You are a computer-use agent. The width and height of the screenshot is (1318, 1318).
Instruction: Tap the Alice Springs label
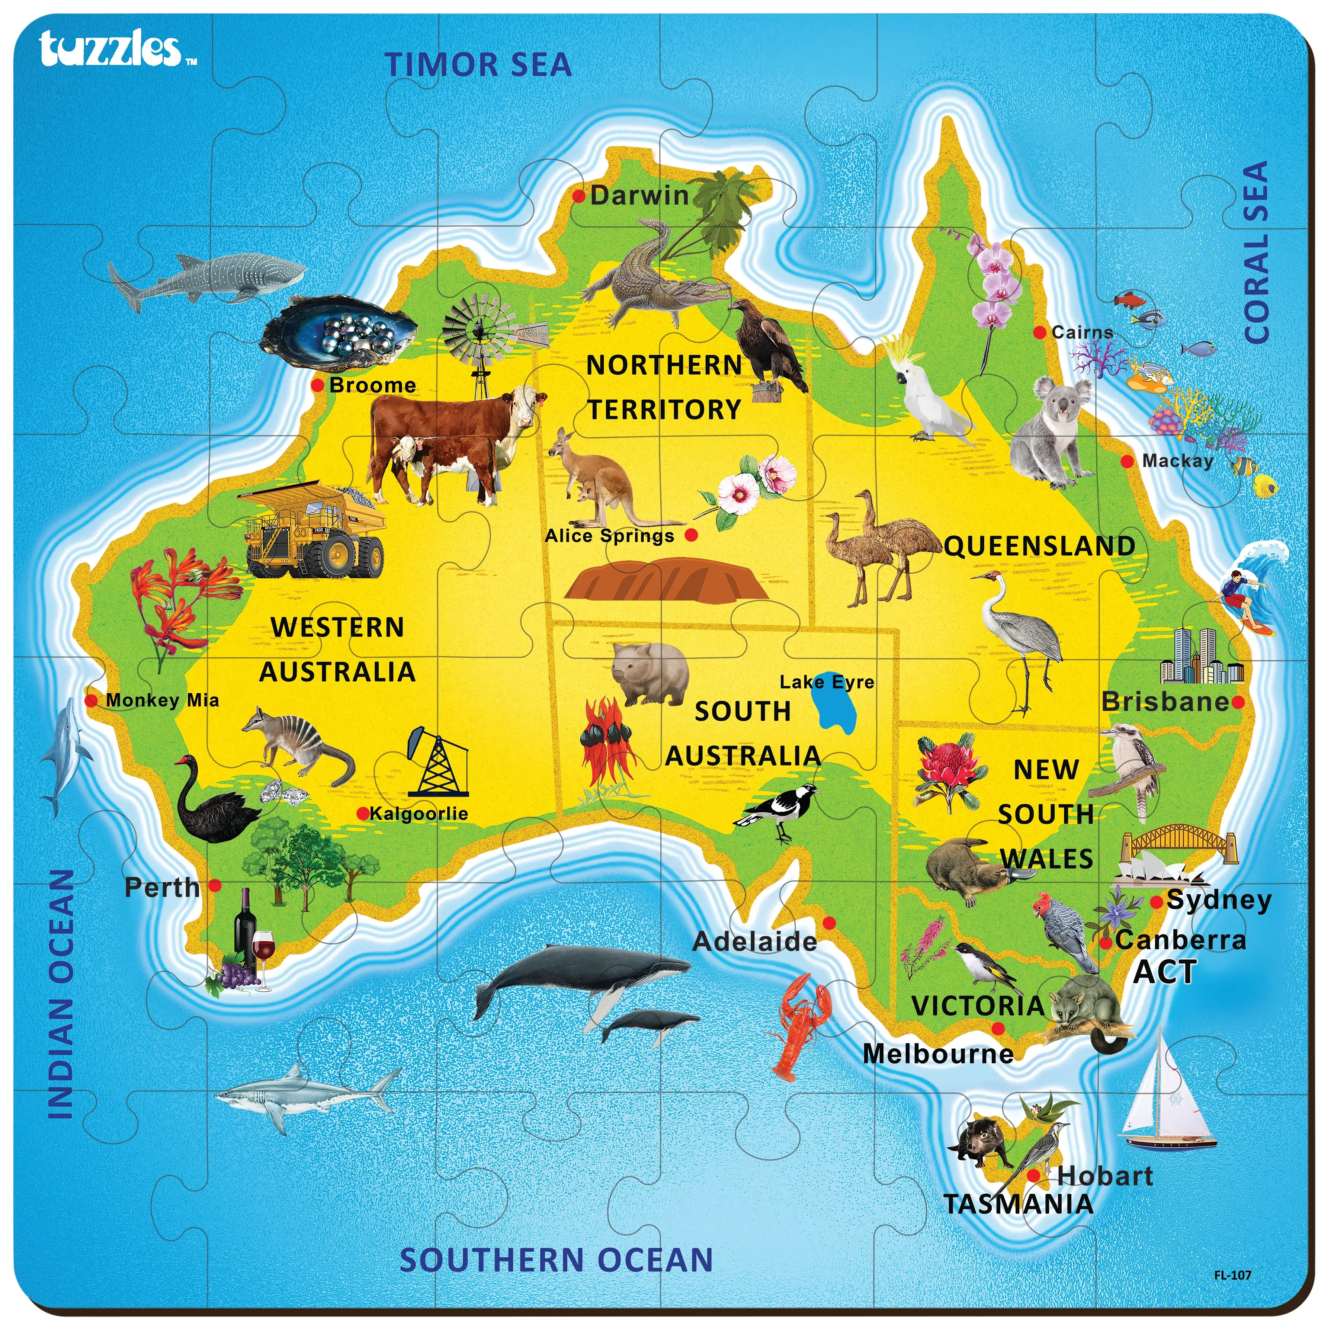pos(609,536)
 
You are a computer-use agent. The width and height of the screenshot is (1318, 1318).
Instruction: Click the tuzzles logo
pos(110,49)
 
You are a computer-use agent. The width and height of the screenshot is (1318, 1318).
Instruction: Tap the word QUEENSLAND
pos(1039,546)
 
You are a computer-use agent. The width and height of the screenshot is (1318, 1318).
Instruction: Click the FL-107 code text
pos(1232,1274)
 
